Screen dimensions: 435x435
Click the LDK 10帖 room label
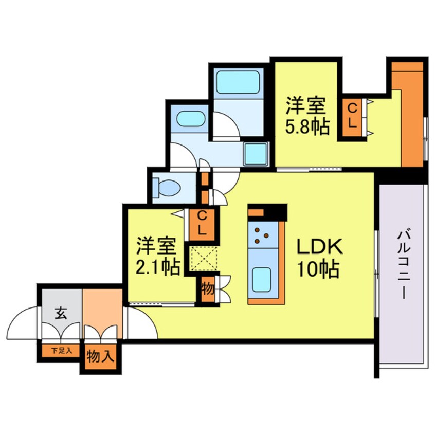click(x=319, y=258)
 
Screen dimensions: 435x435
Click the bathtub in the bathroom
click(x=238, y=82)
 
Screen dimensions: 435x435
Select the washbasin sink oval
click(x=191, y=119)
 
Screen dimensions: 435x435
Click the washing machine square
click(x=256, y=154)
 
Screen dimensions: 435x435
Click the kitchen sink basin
click(x=262, y=280)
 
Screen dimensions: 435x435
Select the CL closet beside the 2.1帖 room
click(x=202, y=224)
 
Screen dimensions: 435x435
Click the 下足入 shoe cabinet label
click(x=62, y=351)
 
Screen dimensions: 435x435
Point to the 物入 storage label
click(x=100, y=356)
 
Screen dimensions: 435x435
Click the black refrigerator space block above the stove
click(x=267, y=212)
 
